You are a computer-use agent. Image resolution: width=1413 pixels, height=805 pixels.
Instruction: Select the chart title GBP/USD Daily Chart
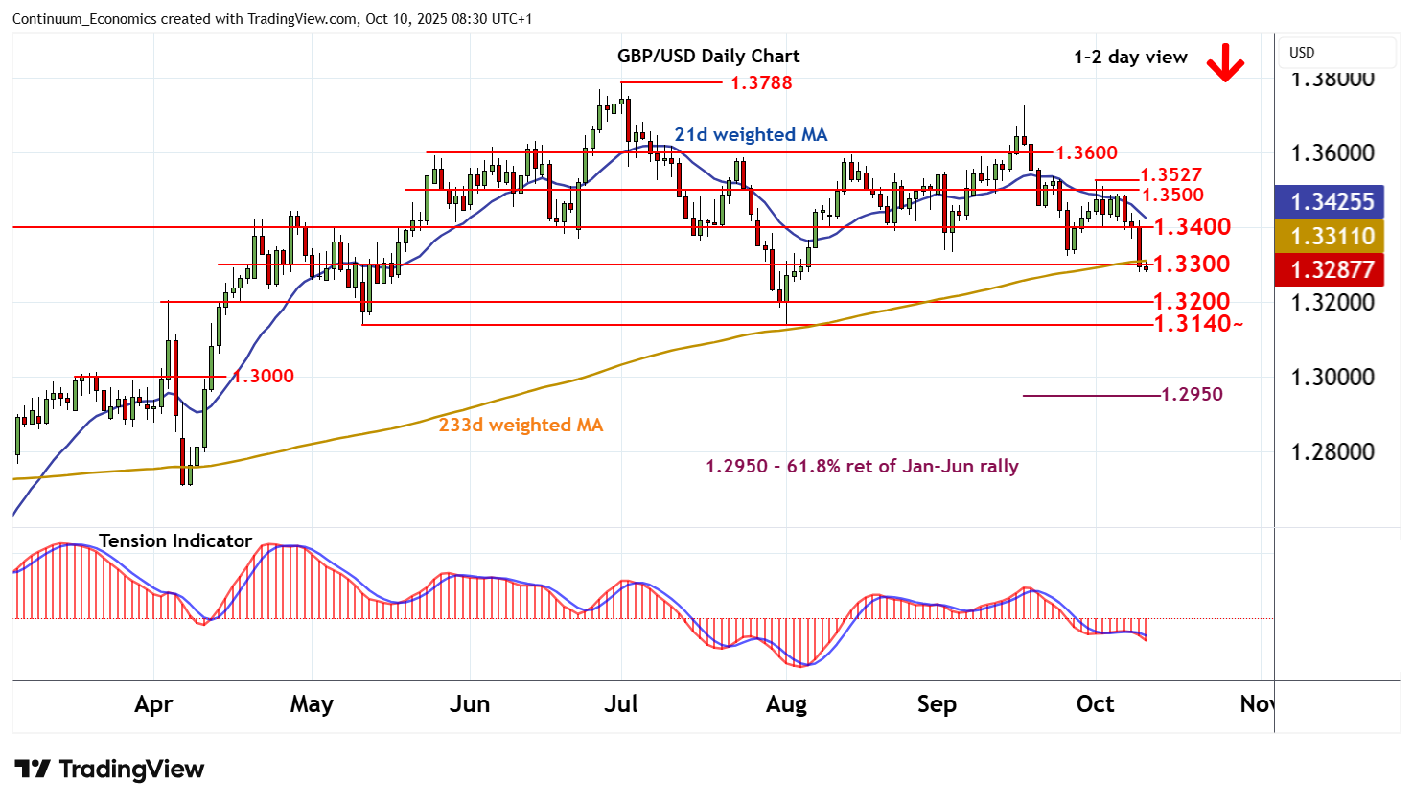click(707, 56)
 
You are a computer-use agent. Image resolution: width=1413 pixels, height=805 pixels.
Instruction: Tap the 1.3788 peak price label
click(761, 82)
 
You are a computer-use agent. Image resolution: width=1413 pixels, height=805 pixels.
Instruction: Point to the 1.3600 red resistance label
click(1086, 152)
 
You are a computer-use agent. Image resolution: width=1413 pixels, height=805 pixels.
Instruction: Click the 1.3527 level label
click(1170, 174)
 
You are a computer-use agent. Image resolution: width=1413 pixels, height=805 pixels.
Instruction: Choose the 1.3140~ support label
click(1197, 324)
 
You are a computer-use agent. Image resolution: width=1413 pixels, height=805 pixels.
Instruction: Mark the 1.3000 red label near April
click(264, 376)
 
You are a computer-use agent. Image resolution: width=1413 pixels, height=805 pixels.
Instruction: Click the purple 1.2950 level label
click(1192, 394)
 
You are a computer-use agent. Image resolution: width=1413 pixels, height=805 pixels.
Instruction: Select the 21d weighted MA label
click(751, 134)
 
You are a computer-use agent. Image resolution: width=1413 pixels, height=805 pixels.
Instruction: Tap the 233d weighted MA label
click(521, 425)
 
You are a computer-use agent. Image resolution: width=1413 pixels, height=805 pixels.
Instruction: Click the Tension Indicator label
click(175, 540)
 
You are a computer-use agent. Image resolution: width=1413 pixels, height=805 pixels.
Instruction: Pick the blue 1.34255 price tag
click(1332, 202)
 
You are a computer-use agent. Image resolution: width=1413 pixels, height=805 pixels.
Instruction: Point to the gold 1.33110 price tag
click(1332, 236)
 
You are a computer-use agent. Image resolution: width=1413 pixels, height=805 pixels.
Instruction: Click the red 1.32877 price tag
click(1332, 269)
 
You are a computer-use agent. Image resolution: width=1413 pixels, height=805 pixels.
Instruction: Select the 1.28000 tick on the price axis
click(1332, 451)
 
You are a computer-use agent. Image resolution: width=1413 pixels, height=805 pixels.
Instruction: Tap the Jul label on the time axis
click(620, 704)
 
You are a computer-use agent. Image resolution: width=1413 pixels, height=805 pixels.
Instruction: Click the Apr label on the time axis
click(153, 704)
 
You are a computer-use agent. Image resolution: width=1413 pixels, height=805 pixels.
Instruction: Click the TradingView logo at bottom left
click(109, 769)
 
